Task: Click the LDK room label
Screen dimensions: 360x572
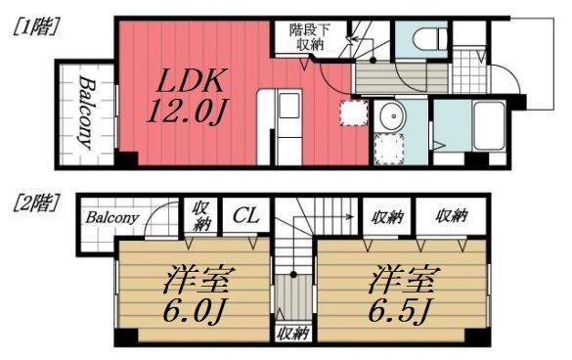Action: [x=189, y=77]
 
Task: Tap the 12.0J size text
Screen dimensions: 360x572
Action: [x=187, y=111]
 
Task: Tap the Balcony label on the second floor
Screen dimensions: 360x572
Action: [x=110, y=217]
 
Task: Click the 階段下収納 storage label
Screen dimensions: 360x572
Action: [x=309, y=37]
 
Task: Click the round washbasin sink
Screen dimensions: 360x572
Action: [x=389, y=113]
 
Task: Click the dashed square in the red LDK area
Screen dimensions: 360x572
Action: [x=350, y=112]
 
